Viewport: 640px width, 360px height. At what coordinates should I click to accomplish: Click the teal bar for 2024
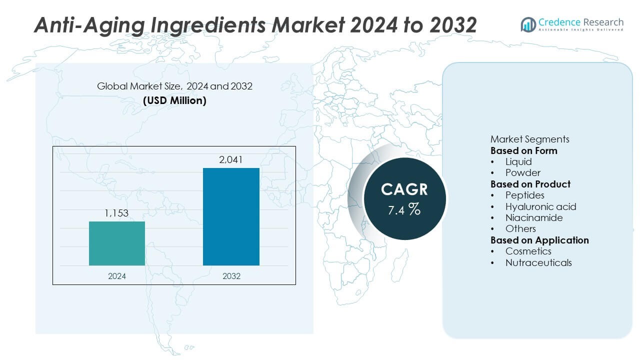click(117, 243)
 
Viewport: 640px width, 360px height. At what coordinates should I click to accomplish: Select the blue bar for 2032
click(231, 216)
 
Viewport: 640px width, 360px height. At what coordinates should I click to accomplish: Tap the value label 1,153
click(116, 213)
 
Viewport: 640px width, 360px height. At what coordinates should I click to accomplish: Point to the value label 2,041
click(231, 160)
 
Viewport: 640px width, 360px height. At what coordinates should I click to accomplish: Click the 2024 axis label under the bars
click(117, 276)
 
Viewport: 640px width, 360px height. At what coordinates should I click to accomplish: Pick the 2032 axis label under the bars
click(230, 276)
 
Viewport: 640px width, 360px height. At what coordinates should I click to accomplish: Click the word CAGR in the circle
click(404, 189)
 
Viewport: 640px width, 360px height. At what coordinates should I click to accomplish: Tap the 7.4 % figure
click(404, 209)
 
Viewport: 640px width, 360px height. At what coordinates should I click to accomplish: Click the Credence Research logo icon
click(528, 24)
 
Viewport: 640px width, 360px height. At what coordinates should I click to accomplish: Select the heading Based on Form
click(523, 150)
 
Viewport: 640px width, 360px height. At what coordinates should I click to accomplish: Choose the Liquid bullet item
click(518, 161)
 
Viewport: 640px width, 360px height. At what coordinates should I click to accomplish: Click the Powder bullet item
click(522, 173)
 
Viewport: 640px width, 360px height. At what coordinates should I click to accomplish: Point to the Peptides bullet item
click(524, 195)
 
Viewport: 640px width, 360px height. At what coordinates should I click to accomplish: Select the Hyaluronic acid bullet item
click(540, 206)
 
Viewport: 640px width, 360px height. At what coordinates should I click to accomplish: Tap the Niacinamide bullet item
click(533, 217)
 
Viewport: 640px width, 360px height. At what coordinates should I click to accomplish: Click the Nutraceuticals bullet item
click(538, 262)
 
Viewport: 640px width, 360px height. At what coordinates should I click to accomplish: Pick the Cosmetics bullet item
click(528, 251)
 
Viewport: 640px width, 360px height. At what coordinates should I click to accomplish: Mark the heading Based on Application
click(539, 240)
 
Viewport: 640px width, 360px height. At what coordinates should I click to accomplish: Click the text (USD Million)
click(174, 100)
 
